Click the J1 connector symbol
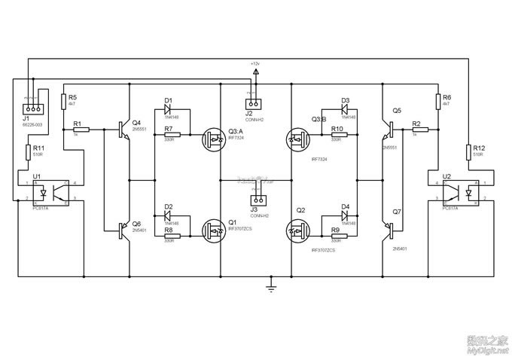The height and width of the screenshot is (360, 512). (30, 105)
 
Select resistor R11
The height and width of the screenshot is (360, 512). (28, 152)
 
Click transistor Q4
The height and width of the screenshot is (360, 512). (123, 130)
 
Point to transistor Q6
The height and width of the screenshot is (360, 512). (123, 230)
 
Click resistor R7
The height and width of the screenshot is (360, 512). (171, 130)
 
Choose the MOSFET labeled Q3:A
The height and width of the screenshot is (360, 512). (212, 138)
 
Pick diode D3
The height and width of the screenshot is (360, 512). (345, 109)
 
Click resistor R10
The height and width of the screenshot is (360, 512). (340, 130)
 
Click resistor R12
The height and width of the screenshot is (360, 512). (468, 151)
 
